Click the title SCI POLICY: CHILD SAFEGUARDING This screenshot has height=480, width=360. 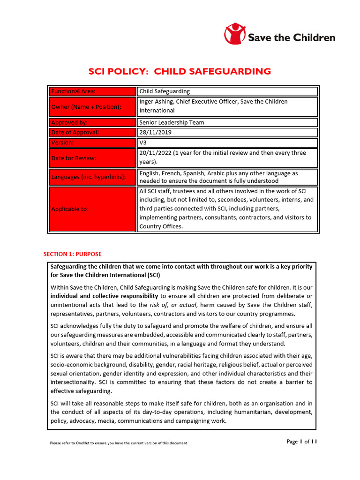(x=180, y=71)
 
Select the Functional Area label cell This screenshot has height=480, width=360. (x=92, y=91)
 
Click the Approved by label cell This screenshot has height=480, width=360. (x=92, y=122)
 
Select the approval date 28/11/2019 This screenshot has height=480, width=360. (x=155, y=133)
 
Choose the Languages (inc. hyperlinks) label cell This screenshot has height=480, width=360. (x=92, y=177)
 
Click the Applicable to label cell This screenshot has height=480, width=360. (x=92, y=209)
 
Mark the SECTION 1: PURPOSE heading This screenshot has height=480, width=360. (x=72, y=254)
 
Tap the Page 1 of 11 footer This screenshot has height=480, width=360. (x=301, y=442)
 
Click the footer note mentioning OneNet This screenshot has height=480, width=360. (x=118, y=443)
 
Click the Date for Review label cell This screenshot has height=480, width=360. (x=92, y=158)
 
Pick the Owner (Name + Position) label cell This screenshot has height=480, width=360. (x=92, y=107)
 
